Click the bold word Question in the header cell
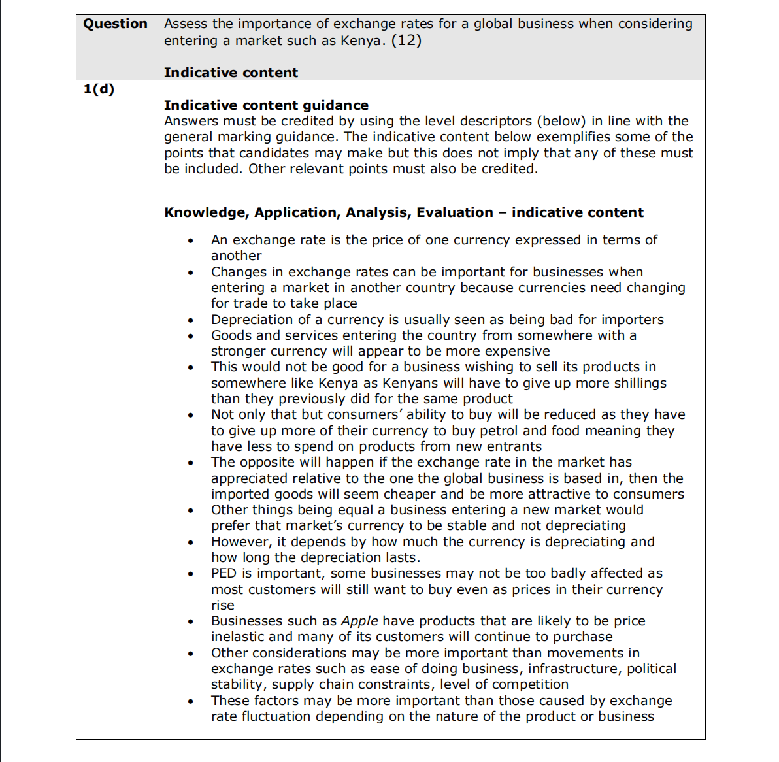[115, 24]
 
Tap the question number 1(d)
[99, 89]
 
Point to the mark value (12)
[406, 41]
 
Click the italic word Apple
[359, 621]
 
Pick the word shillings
[633, 383]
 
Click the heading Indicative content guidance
[266, 105]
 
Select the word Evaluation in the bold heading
[455, 212]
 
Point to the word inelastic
[237, 637]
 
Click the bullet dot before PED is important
[190, 574]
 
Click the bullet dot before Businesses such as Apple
[190, 622]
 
